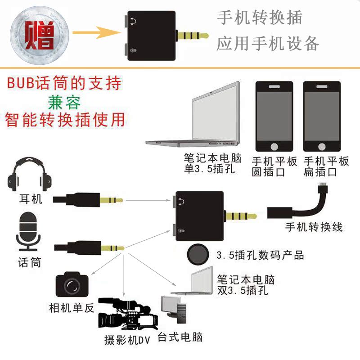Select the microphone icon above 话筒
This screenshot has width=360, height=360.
click(29, 232)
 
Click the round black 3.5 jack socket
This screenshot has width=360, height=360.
click(198, 254)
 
